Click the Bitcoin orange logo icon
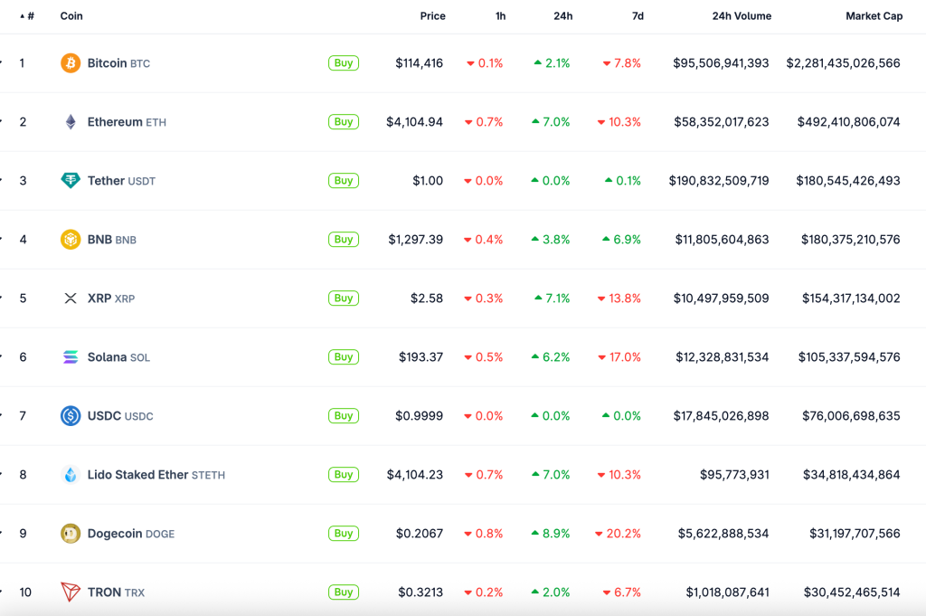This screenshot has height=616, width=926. coord(71,63)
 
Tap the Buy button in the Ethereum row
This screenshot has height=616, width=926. coord(344,122)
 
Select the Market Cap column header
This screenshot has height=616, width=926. coord(874,16)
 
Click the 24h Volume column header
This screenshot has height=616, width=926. coord(742,16)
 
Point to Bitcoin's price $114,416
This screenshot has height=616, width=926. coord(419,63)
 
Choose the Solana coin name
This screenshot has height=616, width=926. coord(107,357)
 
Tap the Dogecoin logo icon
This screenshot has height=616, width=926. coord(71,534)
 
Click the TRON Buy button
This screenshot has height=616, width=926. coord(344,592)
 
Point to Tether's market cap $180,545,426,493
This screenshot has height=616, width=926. coord(848,181)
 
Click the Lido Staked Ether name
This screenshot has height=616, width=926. coord(137,475)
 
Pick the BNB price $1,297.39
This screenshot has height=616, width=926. coord(416,240)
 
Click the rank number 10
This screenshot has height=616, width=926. coord(25,592)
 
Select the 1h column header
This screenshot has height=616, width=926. coord(500,16)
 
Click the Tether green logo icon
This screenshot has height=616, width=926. coord(71,181)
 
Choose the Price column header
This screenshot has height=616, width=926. coord(432,16)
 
